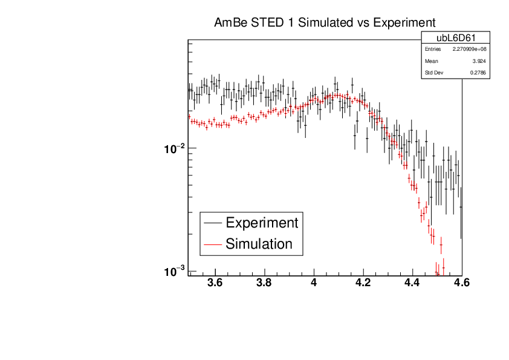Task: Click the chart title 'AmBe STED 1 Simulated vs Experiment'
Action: [325, 24]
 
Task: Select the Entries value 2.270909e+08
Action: [469, 49]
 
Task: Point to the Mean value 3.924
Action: [479, 61]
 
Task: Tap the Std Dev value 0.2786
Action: [478, 73]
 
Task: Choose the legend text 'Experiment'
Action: [262, 223]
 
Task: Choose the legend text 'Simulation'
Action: [259, 244]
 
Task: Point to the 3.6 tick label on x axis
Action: [215, 283]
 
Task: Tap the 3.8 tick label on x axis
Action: [264, 283]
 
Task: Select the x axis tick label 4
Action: [314, 283]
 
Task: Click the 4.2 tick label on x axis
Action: [363, 283]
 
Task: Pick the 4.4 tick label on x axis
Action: [412, 283]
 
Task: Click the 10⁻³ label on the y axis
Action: [175, 272]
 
